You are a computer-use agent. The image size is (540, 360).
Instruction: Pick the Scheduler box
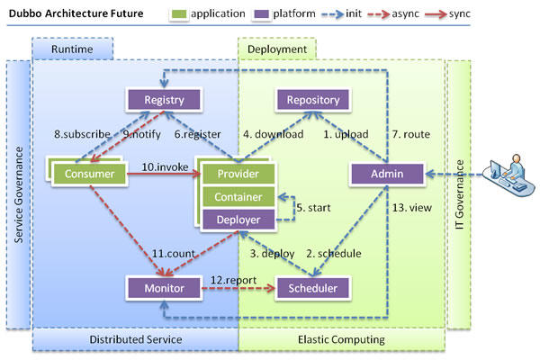[312, 288]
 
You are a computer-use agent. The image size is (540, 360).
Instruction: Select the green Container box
[239, 196]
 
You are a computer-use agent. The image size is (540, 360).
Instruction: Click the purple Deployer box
[239, 218]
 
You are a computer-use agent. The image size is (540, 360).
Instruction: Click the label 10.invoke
[165, 167]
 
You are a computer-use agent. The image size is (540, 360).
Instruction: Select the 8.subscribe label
[83, 134]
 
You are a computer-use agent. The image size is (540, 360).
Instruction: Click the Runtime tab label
[71, 49]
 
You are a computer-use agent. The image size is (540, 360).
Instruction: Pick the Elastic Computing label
[342, 339]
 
